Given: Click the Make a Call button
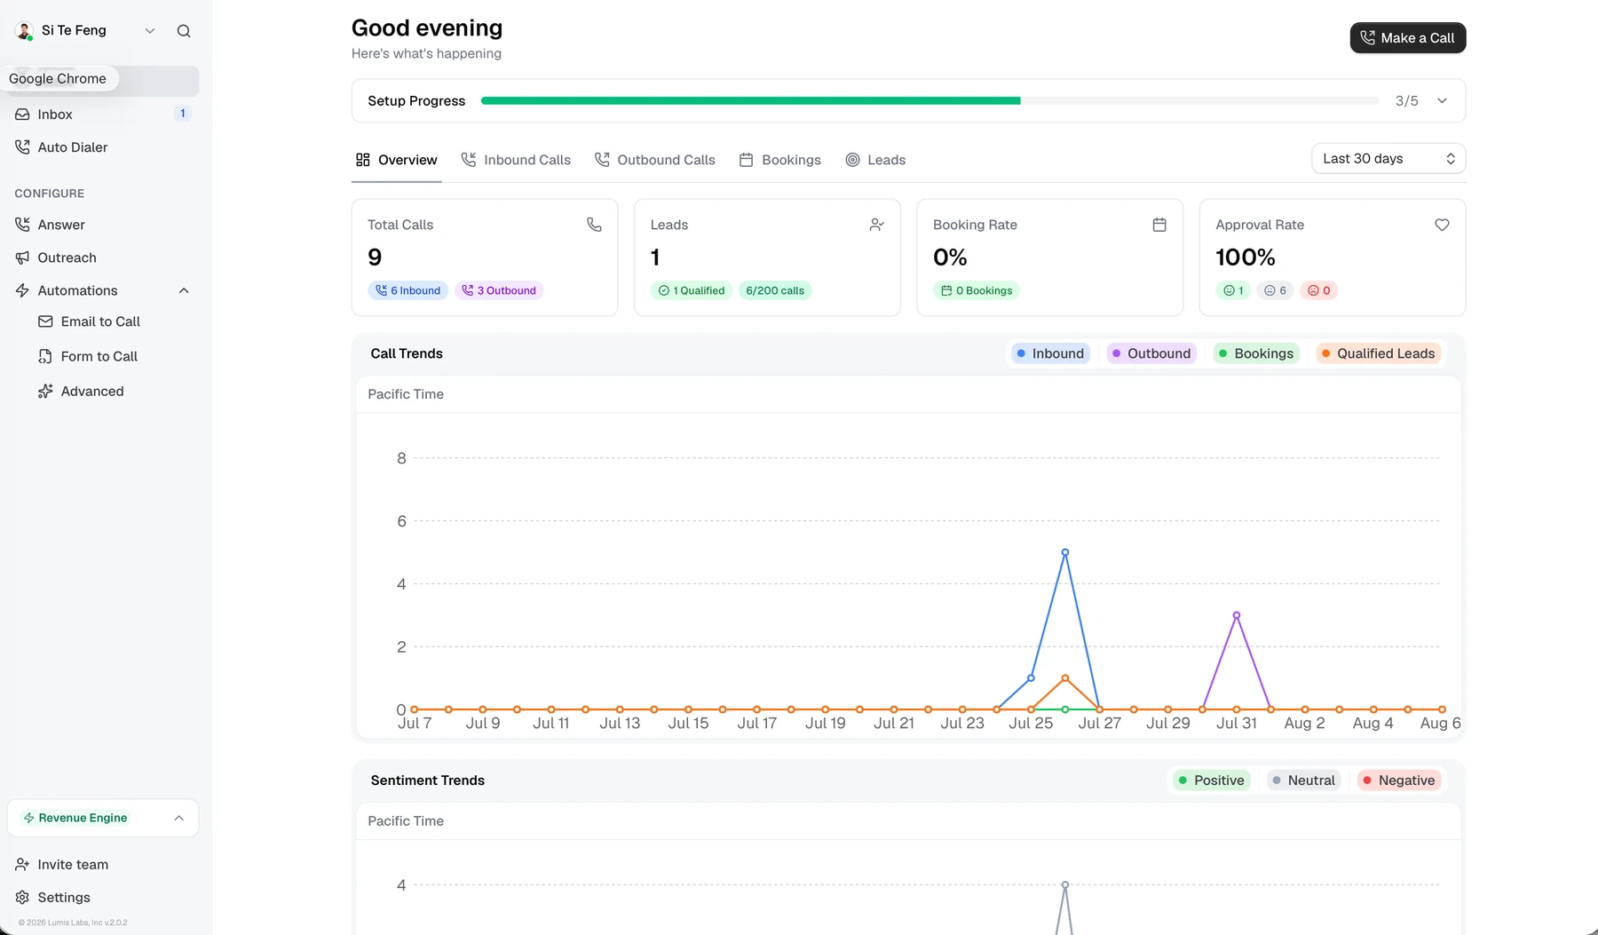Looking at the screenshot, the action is click(x=1407, y=37).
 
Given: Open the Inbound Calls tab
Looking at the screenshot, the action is click(x=516, y=160).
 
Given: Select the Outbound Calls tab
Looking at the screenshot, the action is click(x=654, y=160).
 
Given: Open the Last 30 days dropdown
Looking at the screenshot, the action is click(x=1388, y=159).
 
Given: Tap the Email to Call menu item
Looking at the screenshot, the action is click(x=100, y=321).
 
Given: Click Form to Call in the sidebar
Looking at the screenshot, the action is click(x=99, y=356).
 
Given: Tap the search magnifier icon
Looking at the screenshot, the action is click(x=184, y=31).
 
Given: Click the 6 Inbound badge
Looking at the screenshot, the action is click(x=408, y=290).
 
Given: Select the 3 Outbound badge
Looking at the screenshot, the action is click(x=499, y=290).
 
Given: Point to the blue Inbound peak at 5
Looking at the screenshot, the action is click(x=1065, y=552).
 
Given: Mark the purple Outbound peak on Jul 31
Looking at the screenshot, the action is click(x=1237, y=615).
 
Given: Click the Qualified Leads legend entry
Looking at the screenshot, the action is click(x=1378, y=353).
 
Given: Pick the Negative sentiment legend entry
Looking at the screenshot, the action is click(x=1399, y=780).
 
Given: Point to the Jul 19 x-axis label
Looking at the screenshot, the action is click(x=826, y=724).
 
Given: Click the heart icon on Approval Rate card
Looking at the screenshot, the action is click(x=1442, y=225).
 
